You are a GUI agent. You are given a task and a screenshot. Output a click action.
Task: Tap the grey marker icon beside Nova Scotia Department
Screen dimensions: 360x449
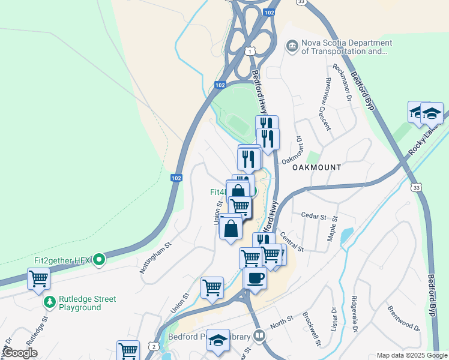pyautogui.click(x=292, y=46)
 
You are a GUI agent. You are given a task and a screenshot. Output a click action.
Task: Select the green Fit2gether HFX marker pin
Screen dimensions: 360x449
pyautogui.click(x=100, y=260)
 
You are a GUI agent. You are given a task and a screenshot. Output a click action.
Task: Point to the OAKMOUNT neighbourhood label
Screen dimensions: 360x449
pyautogui.click(x=316, y=167)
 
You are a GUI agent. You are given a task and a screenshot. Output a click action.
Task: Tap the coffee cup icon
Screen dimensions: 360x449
pyautogui.click(x=255, y=278)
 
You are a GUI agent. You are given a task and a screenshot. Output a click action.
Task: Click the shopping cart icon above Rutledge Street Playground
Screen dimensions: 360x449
pyautogui.click(x=39, y=279)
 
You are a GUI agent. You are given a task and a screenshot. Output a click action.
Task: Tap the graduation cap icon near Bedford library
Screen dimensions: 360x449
pyautogui.click(x=218, y=340)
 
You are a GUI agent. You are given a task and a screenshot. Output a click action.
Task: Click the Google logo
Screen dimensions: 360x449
pyautogui.click(x=20, y=353)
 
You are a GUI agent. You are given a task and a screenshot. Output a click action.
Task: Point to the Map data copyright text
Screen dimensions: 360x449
pyautogui.click(x=412, y=355)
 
